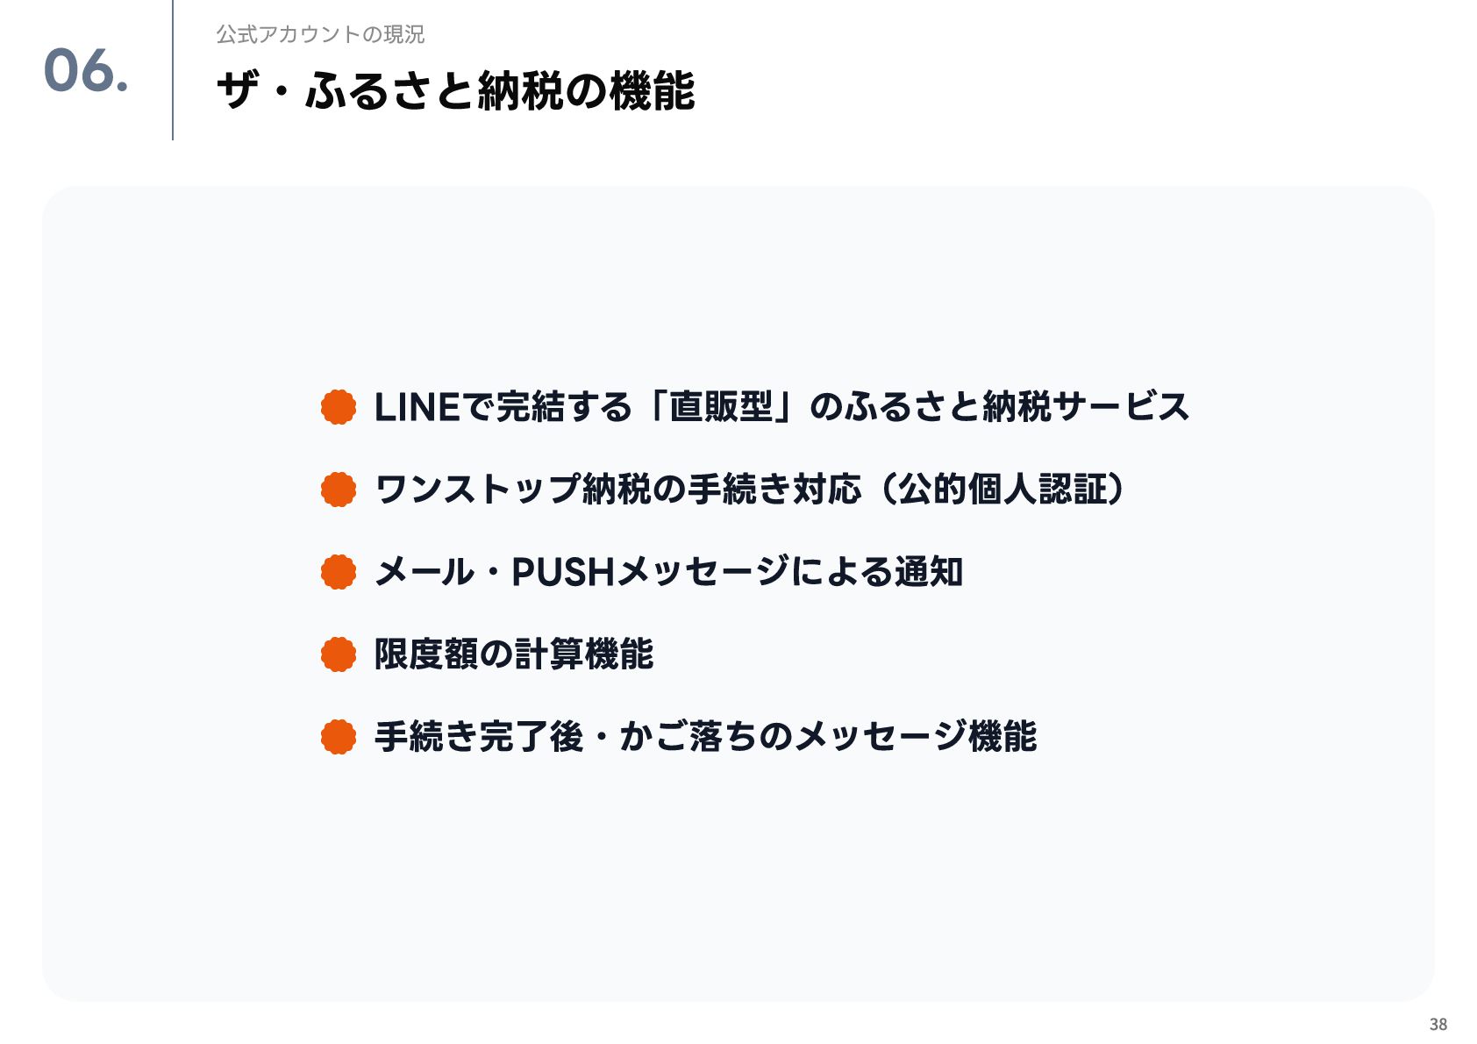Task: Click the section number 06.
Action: coord(85,71)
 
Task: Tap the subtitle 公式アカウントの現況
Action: coord(320,34)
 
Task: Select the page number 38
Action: coord(1438,1024)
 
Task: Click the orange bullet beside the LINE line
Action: coord(339,407)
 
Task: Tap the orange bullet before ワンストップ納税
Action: coord(339,490)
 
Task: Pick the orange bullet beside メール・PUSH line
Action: coord(339,572)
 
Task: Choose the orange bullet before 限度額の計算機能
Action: coord(339,654)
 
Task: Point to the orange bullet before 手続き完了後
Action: coord(339,737)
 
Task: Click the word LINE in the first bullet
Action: coord(417,407)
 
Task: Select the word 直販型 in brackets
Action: coord(721,407)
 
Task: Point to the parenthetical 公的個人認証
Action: coord(1002,490)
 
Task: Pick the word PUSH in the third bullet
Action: coord(562,572)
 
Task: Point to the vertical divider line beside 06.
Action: coord(173,70)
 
